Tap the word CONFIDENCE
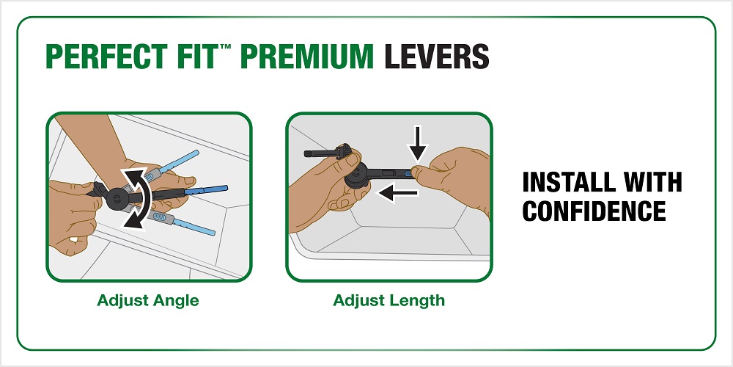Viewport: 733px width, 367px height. tap(594, 211)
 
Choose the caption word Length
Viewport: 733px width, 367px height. tap(419, 300)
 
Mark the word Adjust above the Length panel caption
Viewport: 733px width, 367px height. tap(360, 300)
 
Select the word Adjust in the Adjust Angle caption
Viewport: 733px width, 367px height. tap(121, 300)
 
